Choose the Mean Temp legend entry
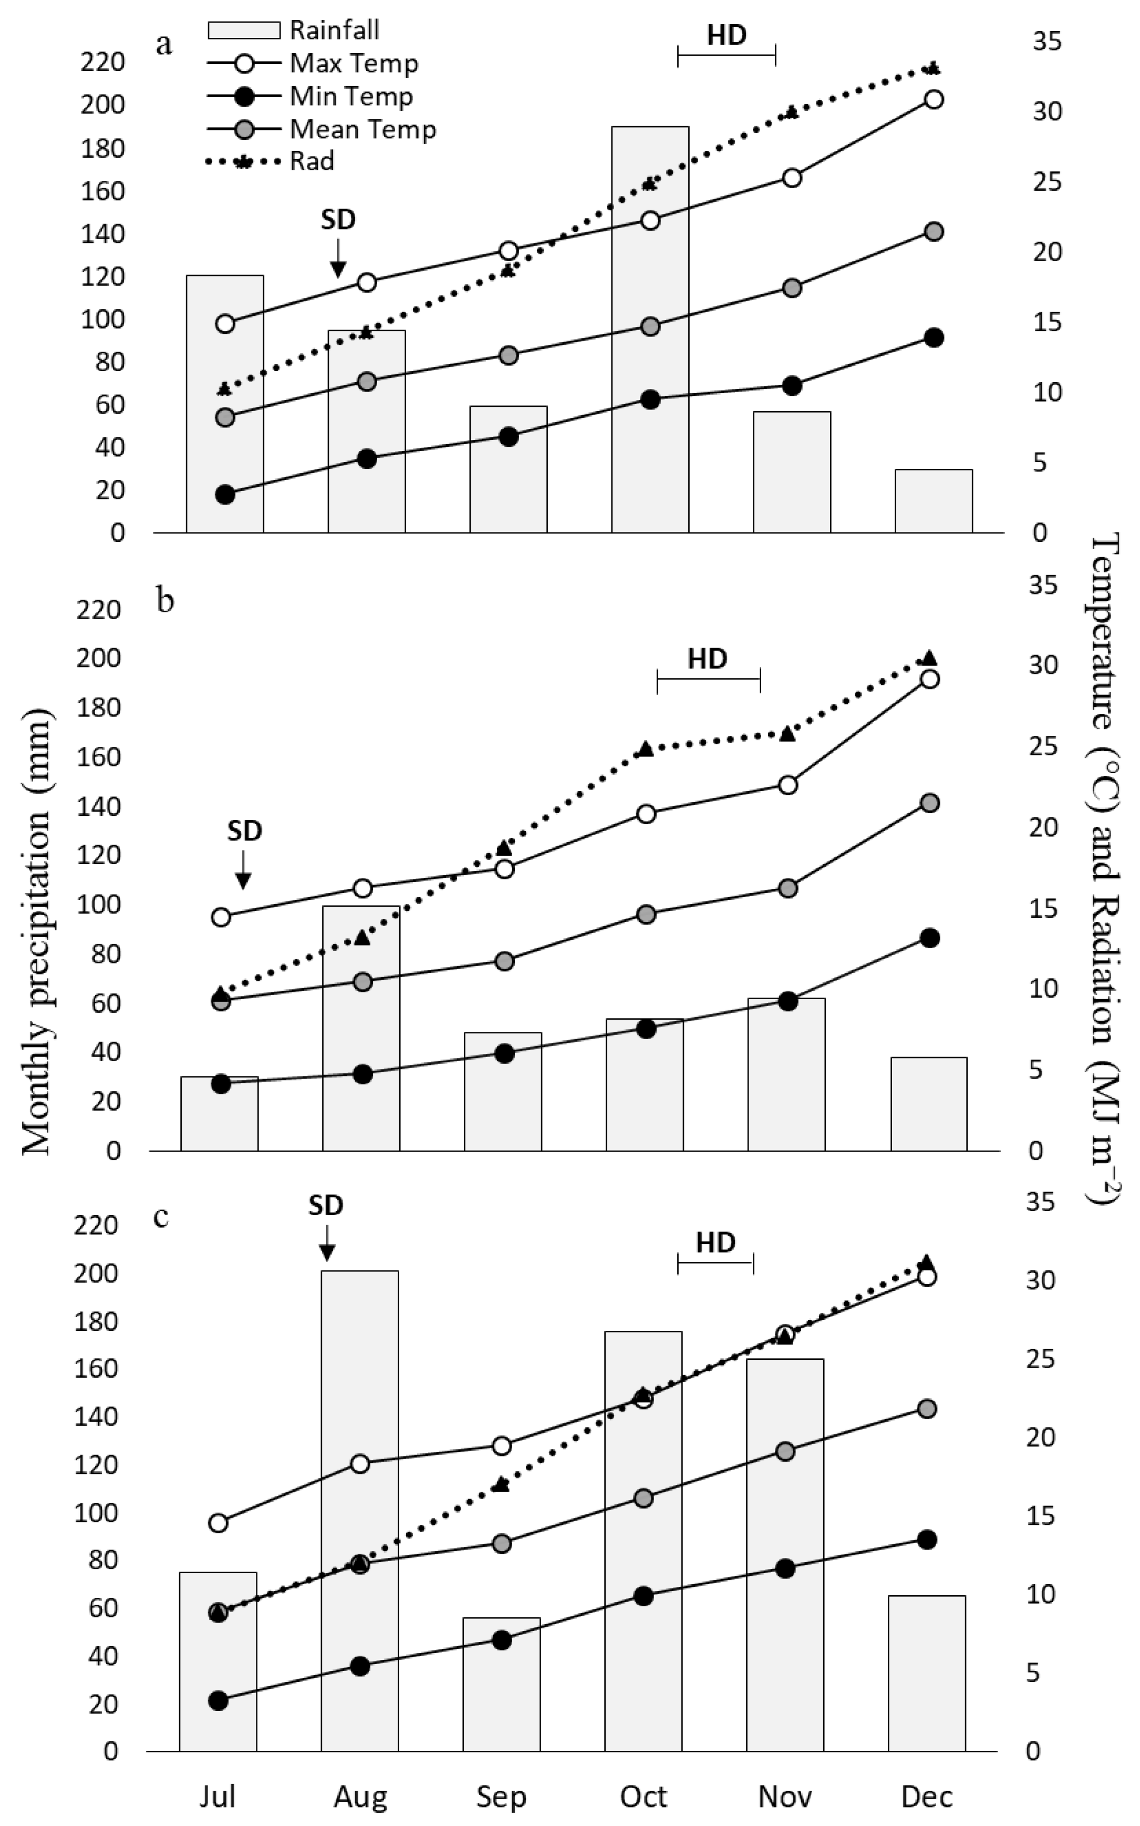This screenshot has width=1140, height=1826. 321,129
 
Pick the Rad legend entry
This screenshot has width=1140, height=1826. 270,161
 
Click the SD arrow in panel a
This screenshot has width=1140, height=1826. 338,258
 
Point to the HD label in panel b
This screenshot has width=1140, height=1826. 707,659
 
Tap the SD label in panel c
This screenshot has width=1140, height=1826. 326,1205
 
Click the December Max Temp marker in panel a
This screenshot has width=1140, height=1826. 934,99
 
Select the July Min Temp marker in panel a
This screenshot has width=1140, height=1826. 225,494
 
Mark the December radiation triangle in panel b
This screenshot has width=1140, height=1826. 930,657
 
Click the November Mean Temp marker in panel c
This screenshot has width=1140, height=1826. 785,1451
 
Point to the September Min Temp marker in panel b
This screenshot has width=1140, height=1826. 504,1054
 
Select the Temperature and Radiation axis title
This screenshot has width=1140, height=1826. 1105,867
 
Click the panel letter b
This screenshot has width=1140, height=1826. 165,601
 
